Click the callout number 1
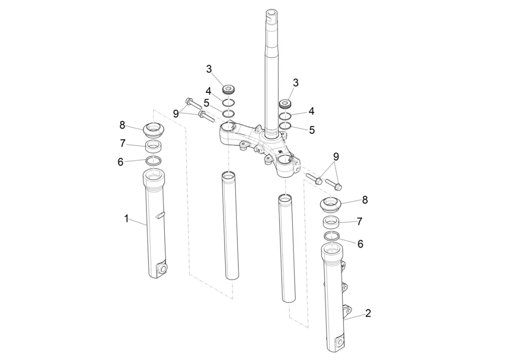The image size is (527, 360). [x=127, y=219]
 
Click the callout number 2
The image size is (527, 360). [x=368, y=313]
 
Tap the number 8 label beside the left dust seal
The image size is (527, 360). [x=122, y=125]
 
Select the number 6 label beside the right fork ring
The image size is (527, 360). [x=360, y=244]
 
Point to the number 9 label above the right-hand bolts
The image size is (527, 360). [x=336, y=157]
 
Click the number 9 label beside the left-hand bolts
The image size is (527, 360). [x=176, y=114]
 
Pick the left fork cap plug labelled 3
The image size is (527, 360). [x=229, y=90]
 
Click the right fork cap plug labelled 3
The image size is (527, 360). [x=285, y=103]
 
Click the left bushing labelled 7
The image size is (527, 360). [x=153, y=146]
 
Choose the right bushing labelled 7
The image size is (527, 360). [x=331, y=222]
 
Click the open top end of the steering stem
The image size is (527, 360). [x=271, y=13]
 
